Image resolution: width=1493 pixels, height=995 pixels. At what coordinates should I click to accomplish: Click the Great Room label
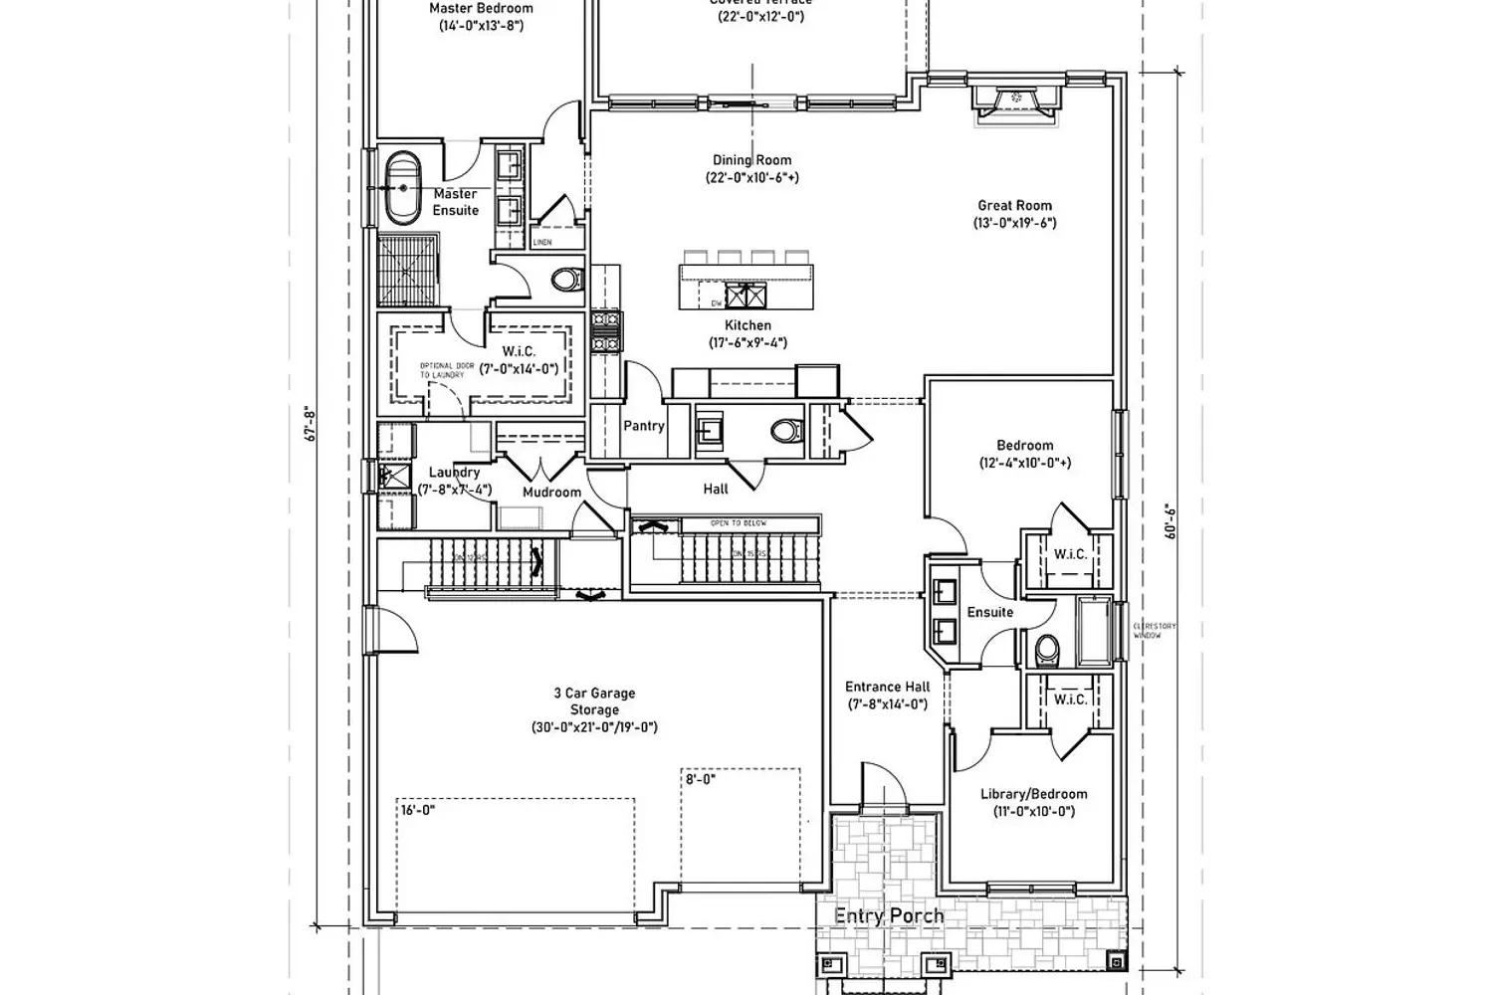click(x=1014, y=206)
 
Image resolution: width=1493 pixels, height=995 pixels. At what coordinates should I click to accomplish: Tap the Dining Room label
click(x=751, y=160)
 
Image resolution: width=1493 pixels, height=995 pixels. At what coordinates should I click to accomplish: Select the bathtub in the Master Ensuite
click(x=403, y=187)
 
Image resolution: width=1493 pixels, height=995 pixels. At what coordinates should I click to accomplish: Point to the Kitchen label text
click(x=747, y=325)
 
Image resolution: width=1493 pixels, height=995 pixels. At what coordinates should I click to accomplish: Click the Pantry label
click(x=643, y=426)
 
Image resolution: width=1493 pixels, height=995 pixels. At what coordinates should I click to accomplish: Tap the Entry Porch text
click(x=888, y=915)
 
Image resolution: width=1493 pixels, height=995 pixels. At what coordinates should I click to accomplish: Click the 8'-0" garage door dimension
click(x=700, y=780)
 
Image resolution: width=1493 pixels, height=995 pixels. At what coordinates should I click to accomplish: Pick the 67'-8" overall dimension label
click(x=311, y=425)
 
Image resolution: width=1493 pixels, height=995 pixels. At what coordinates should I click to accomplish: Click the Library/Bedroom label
click(x=1033, y=794)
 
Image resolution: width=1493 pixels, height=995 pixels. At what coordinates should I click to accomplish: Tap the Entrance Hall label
click(x=887, y=687)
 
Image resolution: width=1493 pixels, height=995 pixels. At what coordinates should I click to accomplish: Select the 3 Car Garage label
click(x=594, y=694)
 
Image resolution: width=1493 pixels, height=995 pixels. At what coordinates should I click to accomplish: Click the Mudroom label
click(x=551, y=493)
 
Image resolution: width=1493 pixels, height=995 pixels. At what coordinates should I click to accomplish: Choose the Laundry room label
click(x=454, y=473)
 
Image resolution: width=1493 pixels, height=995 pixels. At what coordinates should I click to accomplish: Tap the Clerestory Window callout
click(x=1154, y=631)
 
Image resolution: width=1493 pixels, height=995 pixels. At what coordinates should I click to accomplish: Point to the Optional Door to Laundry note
click(x=441, y=370)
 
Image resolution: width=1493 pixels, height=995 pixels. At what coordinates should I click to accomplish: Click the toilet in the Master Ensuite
click(x=566, y=280)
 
